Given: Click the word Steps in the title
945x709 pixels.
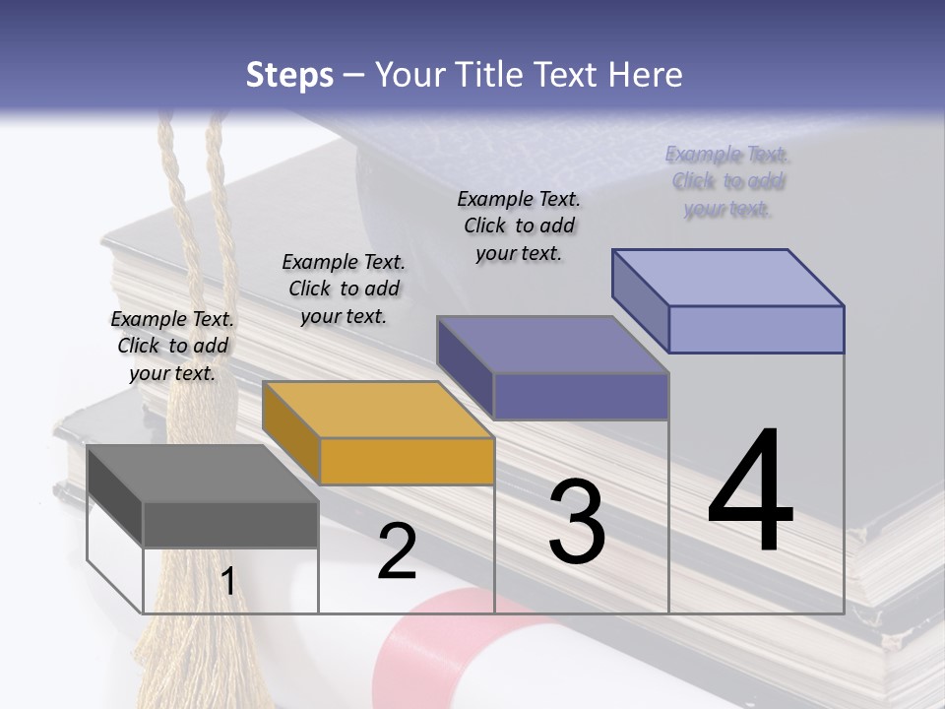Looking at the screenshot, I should [x=288, y=75].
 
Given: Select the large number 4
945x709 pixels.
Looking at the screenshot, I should [x=750, y=491].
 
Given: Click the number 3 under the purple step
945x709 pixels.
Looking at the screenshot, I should [x=576, y=522].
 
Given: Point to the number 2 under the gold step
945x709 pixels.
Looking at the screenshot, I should [x=397, y=551].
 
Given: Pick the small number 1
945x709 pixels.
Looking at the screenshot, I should [x=227, y=582].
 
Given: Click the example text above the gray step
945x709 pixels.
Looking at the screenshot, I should [x=172, y=346].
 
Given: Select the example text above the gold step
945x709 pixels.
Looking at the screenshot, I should [x=344, y=289].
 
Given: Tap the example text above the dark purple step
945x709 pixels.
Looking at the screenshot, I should [x=519, y=226].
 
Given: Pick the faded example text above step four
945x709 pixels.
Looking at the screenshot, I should [x=727, y=181].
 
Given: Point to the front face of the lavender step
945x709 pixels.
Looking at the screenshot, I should [x=756, y=329].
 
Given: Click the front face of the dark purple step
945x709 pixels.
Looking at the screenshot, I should [x=581, y=396].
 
